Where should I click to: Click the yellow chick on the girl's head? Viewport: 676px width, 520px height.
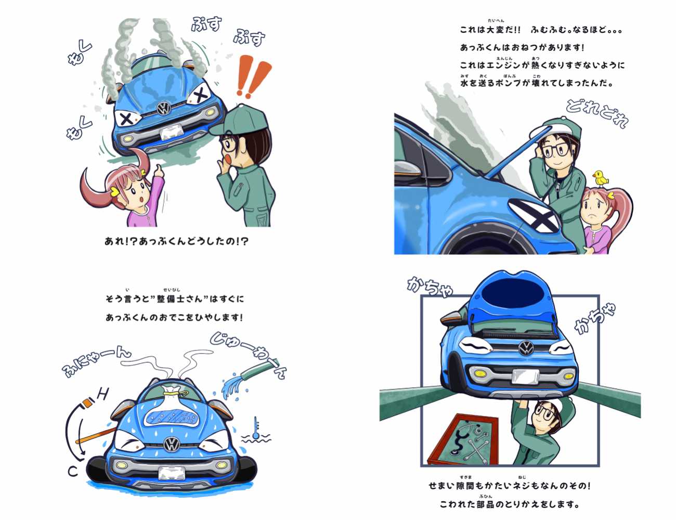point(601,178)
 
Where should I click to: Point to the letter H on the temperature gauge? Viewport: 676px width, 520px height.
point(102,394)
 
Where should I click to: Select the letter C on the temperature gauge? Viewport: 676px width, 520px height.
point(73,472)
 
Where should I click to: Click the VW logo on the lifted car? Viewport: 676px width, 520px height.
point(526,347)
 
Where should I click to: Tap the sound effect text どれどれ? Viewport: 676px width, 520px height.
point(596,114)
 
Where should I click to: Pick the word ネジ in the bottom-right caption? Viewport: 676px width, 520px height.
point(523,485)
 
